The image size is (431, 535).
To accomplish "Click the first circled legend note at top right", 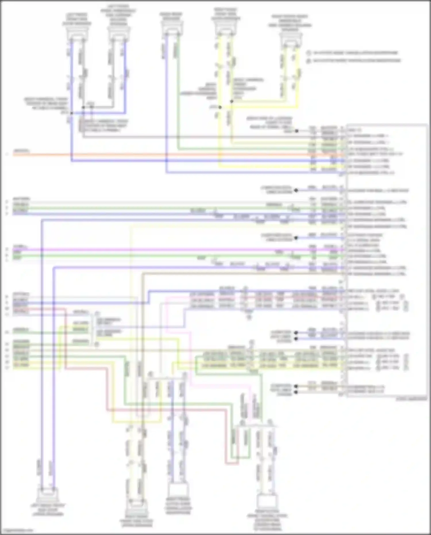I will click(x=309, y=53).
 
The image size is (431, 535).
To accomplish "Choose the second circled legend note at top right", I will click(x=309, y=61).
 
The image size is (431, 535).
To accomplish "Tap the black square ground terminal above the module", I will click(x=297, y=131).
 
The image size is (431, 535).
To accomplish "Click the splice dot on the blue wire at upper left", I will click(x=71, y=113).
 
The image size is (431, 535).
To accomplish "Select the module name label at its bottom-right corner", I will click(x=411, y=399).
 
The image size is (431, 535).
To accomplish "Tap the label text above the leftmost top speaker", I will click(x=77, y=19).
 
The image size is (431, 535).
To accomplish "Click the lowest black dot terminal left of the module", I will click(x=296, y=392).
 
